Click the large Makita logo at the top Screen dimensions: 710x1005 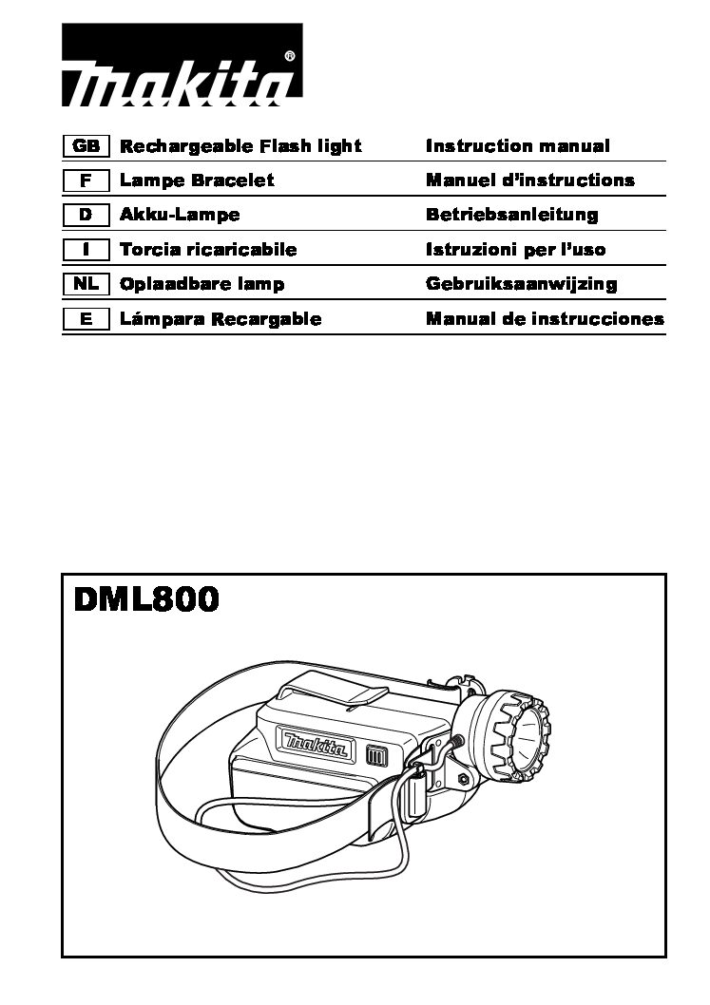pos(182,65)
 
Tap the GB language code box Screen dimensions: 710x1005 pos(86,146)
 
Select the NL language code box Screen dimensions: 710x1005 pos(86,284)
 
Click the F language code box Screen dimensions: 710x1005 pos(86,180)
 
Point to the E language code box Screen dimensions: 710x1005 pos(86,318)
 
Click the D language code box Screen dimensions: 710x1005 pos(86,215)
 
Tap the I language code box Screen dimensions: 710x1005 pos(86,249)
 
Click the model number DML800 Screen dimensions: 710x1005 pos(146,599)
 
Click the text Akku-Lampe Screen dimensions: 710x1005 pos(180,215)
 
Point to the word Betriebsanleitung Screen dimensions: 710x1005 pos(511,215)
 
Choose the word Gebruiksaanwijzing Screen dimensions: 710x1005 pos(522,284)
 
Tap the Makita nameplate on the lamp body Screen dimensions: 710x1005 pos(316,743)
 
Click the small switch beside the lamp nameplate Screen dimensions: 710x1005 pos(374,755)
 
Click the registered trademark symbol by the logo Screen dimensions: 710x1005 pos(289,57)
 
